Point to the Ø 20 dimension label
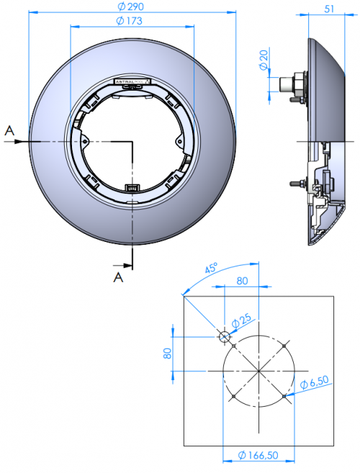[263, 62]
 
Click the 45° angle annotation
[210, 270]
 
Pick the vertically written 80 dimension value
[167, 353]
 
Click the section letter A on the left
[9, 130]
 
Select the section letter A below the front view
[118, 275]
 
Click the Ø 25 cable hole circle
[224, 336]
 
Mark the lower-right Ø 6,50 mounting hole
[285, 395]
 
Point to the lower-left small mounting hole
[234, 395]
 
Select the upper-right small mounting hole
[285, 346]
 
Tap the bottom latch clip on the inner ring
[132, 188]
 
